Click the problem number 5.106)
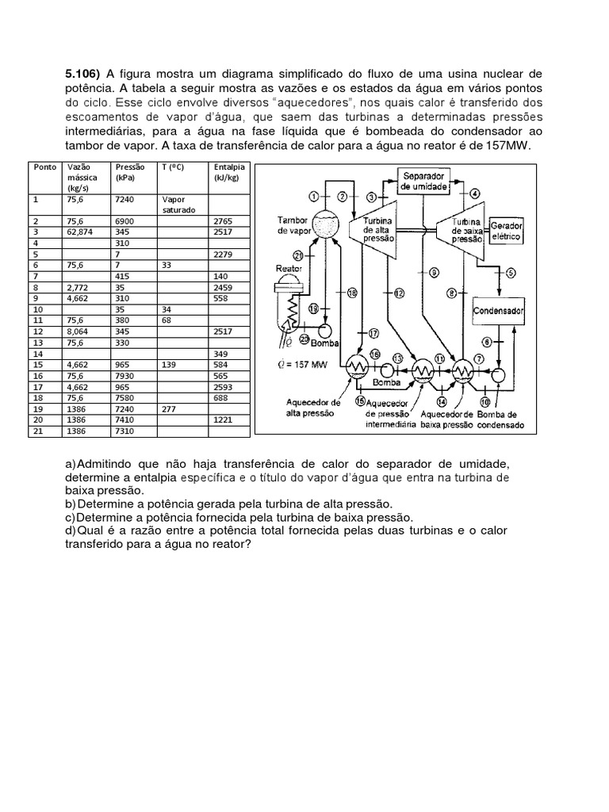click(82, 74)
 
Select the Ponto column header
click(40, 167)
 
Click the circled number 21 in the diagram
click(298, 255)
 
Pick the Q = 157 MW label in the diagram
click(304, 366)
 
